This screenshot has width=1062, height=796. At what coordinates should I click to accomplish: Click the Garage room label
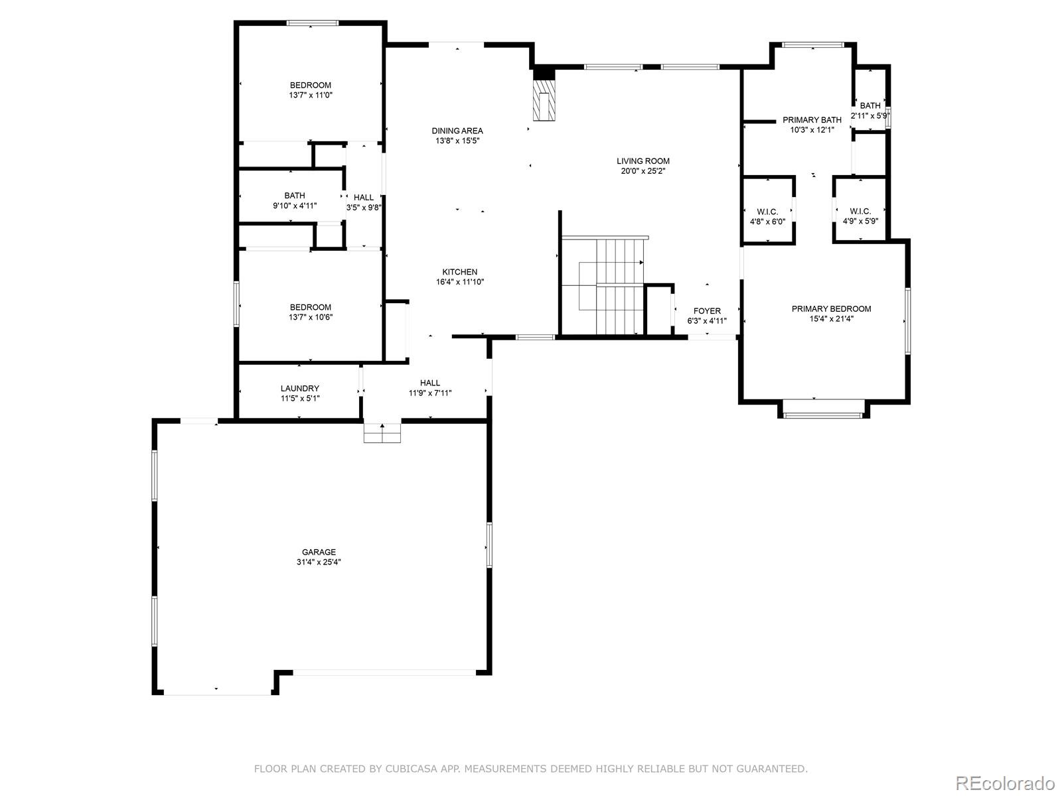click(319, 552)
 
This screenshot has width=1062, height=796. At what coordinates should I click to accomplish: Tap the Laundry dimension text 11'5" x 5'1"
click(299, 399)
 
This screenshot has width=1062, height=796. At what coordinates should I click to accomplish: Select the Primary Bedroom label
click(831, 308)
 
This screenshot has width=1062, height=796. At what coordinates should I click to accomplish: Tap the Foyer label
click(707, 311)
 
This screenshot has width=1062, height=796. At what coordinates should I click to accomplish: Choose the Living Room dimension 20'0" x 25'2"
click(643, 171)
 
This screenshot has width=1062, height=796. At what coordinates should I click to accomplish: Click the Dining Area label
click(457, 131)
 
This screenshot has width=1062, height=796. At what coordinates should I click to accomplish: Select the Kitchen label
click(459, 272)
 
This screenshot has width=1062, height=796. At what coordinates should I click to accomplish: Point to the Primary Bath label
click(811, 120)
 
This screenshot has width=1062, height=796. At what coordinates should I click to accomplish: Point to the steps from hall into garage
click(383, 432)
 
